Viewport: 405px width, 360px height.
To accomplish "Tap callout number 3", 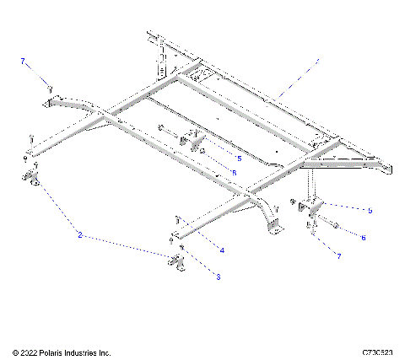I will point(218,276).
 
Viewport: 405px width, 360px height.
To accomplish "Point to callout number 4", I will point(222,250).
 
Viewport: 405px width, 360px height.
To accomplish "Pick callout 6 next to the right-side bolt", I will point(363,239).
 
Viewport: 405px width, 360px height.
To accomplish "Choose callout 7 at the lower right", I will point(338,255).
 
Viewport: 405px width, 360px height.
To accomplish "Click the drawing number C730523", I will point(380,352).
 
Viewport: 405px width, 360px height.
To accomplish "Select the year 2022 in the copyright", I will point(32,352).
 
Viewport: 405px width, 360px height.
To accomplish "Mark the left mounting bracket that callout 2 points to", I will point(35,178).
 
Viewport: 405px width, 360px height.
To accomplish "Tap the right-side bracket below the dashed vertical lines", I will point(315,207).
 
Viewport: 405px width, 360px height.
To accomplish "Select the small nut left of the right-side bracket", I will point(293,202).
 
